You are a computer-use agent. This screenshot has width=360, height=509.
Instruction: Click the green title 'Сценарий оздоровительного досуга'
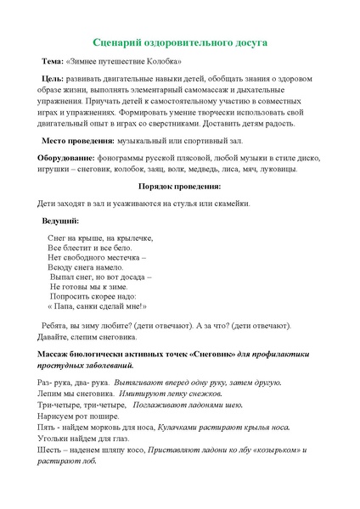[x=179, y=42]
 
